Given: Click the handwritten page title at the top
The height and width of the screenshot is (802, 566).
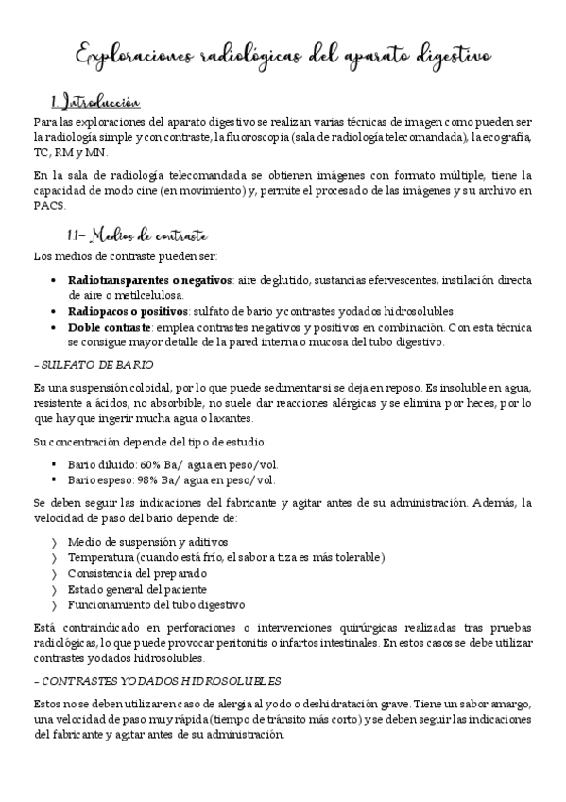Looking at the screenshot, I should [283, 56].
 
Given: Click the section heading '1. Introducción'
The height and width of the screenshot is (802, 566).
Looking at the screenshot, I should [95, 102].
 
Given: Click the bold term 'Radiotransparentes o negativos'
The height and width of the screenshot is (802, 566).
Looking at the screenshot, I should [149, 280].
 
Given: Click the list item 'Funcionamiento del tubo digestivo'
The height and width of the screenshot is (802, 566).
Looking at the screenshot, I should [156, 603].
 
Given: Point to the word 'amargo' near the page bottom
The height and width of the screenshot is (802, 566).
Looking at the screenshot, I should [513, 706].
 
